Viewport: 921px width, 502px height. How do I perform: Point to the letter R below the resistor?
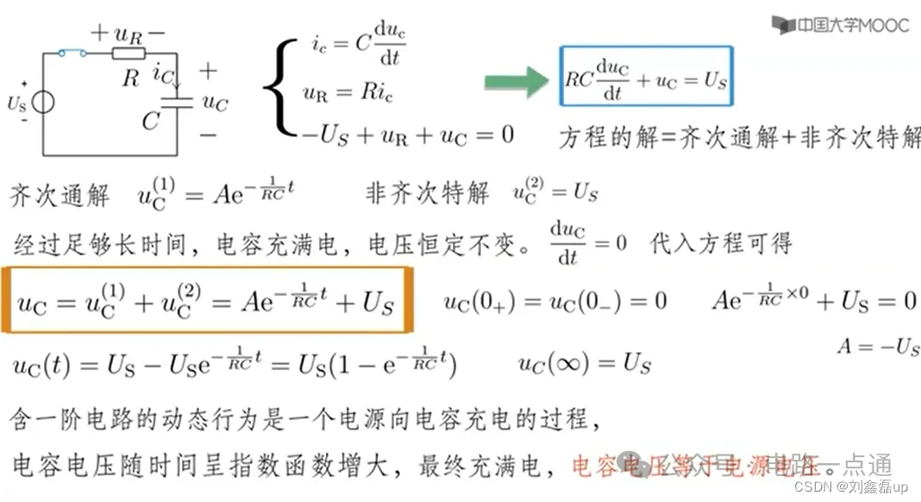(x=130, y=79)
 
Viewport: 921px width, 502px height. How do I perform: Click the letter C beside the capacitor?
(x=152, y=122)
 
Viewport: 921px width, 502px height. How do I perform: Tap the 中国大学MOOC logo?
(x=843, y=24)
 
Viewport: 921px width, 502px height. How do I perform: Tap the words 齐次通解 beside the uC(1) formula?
(x=60, y=195)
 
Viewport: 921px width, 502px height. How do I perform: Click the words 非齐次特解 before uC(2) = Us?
(x=428, y=192)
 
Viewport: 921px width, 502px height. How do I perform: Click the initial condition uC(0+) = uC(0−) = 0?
(x=555, y=302)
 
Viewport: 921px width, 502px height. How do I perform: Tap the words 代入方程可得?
(x=721, y=243)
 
